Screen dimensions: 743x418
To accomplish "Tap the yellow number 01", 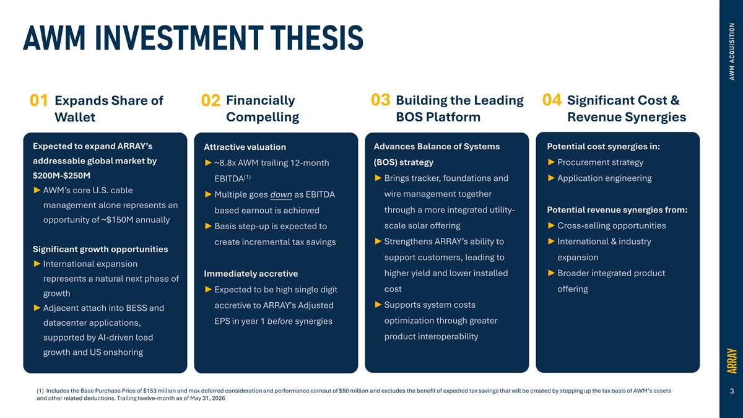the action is coord(39,100).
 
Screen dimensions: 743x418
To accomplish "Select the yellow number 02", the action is coord(211,100).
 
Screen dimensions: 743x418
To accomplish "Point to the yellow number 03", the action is coord(380,100).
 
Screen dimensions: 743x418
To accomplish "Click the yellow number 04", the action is coord(552,100).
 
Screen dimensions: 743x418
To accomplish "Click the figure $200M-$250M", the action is coord(61,175).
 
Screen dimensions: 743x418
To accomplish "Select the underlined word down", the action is coord(281,194).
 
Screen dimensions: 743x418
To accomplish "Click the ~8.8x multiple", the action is coord(225,163).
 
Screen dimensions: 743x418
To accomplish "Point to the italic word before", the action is coord(280,321).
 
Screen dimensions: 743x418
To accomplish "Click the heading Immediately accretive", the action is coord(251,274).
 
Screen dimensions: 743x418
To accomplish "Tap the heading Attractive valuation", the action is coord(245,147).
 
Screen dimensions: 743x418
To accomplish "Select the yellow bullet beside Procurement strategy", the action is coord(551,162).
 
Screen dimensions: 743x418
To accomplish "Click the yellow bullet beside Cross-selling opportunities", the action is coord(551,225).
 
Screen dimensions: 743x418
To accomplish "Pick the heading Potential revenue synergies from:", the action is coord(617,210).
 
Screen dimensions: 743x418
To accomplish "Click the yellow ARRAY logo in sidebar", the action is coord(732,360).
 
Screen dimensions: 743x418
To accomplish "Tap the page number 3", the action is coord(732,391).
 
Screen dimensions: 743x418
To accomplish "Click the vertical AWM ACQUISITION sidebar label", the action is coord(732,51).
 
